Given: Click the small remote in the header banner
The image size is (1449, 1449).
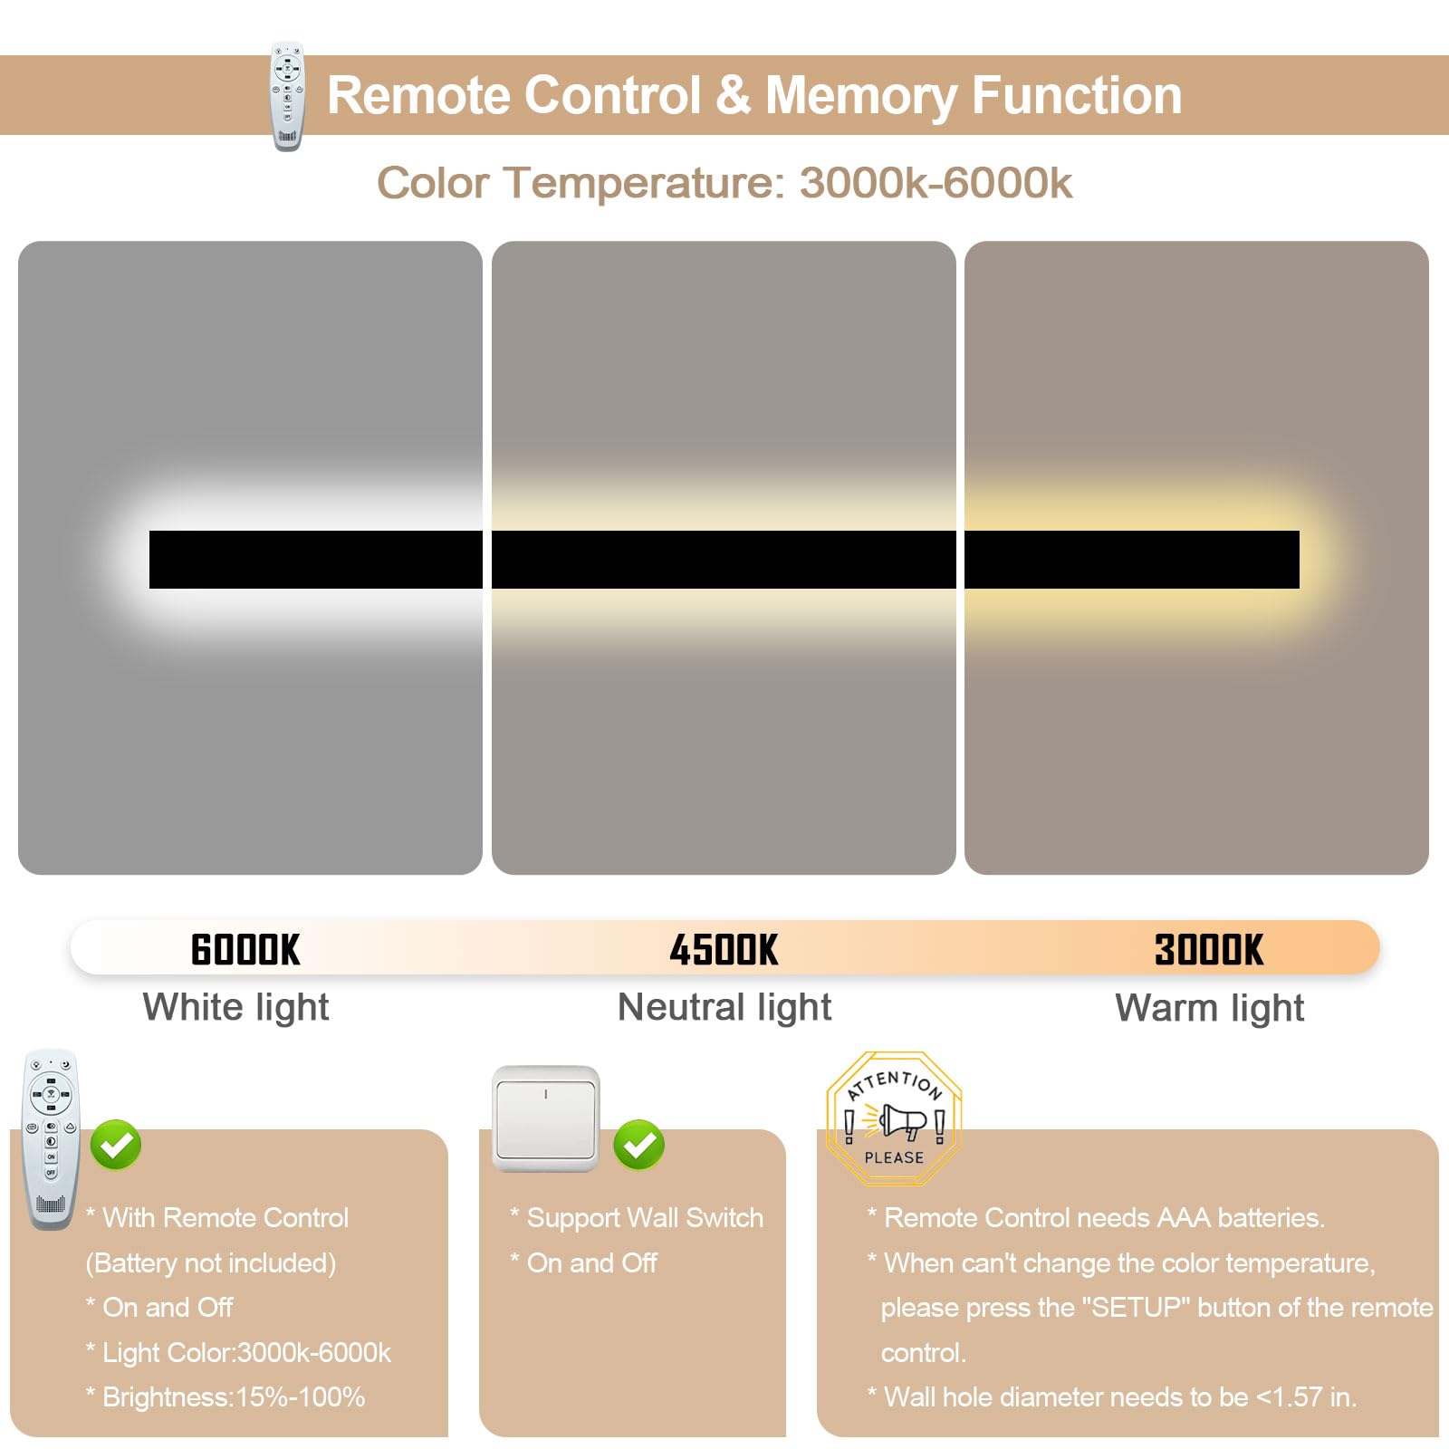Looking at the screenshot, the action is click(x=287, y=96).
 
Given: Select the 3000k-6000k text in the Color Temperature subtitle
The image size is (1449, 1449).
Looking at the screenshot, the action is click(x=936, y=183).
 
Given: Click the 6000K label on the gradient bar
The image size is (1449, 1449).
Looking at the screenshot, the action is click(x=245, y=950).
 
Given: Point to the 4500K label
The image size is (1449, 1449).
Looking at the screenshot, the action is click(x=724, y=950).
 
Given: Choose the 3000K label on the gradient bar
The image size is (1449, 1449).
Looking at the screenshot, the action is click(x=1209, y=950).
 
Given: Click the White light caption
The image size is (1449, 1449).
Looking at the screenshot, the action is click(x=235, y=1007).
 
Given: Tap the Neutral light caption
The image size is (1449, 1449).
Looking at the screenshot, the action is click(x=724, y=1007).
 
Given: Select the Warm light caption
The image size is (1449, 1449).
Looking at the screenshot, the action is click(x=1210, y=1007).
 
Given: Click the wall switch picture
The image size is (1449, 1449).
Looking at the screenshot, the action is click(x=545, y=1118).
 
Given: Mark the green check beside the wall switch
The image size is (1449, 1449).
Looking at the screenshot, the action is click(x=638, y=1146).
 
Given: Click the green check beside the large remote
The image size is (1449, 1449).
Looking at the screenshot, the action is click(x=116, y=1146).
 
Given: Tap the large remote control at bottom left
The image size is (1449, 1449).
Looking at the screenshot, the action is click(x=51, y=1139).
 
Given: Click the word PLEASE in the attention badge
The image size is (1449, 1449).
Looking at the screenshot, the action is click(x=894, y=1157).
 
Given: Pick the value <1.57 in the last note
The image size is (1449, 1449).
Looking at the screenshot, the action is click(x=1289, y=1397).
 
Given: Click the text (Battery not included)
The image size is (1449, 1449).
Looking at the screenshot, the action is click(x=211, y=1263).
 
